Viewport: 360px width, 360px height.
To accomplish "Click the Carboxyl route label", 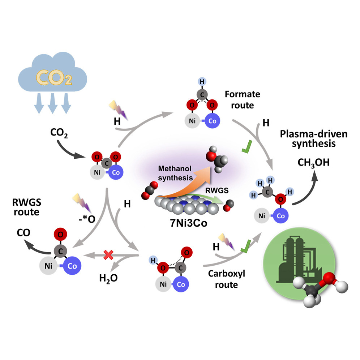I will click(227, 279).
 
